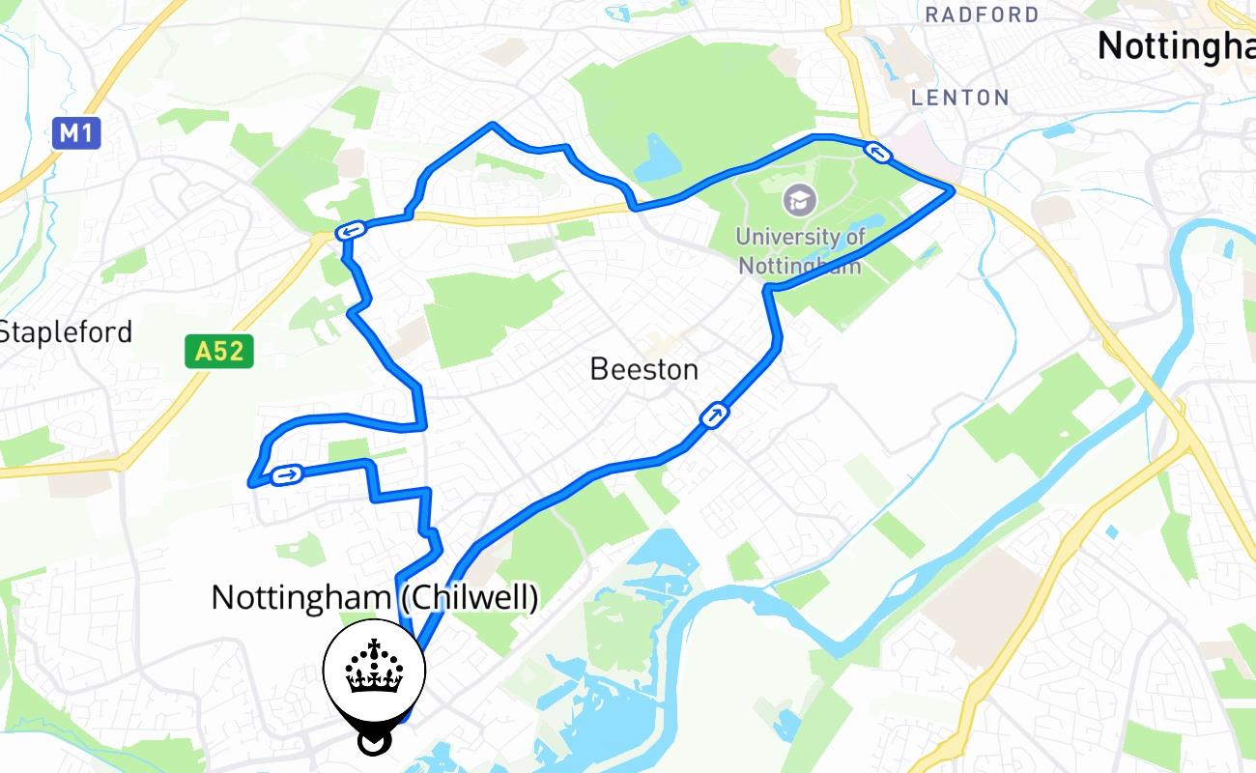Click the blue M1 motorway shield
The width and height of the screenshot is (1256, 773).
tap(76, 132)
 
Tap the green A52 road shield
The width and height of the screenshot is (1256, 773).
tap(219, 351)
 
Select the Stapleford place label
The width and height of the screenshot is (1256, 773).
tap(65, 331)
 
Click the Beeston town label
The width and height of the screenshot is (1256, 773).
tap(643, 368)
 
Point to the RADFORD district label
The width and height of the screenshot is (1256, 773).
tap(982, 14)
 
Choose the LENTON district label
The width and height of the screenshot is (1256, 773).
tap(960, 97)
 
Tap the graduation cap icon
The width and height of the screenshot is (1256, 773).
tap(800, 200)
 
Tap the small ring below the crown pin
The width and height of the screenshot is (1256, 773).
tap(372, 742)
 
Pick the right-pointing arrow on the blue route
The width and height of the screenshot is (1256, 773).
tap(287, 474)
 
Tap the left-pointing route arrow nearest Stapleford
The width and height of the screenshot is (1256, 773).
tap(350, 231)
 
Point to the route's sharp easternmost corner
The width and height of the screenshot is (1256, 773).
tap(953, 190)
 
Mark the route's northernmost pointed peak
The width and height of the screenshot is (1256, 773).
tap(493, 125)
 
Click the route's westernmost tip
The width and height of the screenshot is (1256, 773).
tap(251, 483)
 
